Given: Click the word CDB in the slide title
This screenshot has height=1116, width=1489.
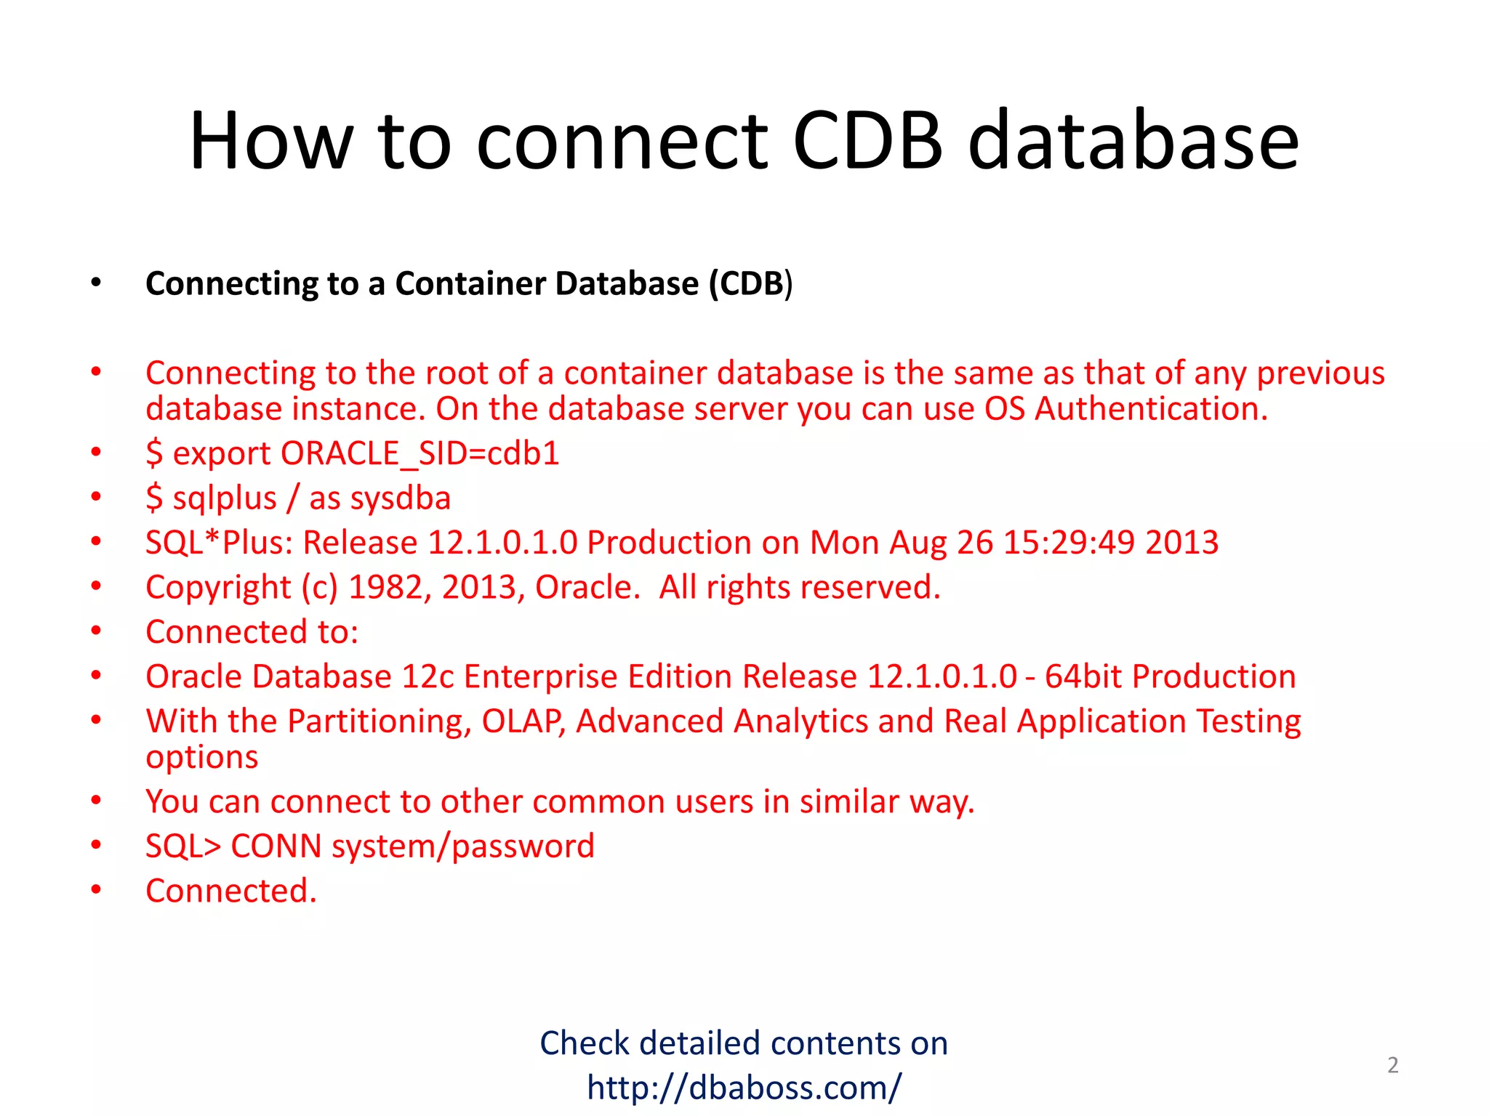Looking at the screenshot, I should coord(867,140).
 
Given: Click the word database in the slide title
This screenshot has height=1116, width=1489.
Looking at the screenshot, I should coord(1133,140).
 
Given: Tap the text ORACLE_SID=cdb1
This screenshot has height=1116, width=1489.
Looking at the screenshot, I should coord(420,453).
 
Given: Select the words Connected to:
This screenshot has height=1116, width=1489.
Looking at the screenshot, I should coord(252,632).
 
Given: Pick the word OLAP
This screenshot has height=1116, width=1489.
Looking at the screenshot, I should coord(523,721).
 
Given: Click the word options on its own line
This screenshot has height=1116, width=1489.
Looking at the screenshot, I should coord(202,758).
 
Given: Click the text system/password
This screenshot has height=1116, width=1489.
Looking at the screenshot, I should coord(462,846).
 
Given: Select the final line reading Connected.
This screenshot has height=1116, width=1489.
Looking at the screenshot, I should coord(231,891).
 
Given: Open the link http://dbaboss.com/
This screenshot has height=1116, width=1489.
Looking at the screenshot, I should coord(744,1088).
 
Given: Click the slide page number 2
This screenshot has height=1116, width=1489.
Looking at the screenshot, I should coord(1392,1065).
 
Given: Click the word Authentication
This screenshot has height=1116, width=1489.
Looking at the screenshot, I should coord(1151,409).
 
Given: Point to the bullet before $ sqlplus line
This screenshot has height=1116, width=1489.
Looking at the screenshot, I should coord(96,497).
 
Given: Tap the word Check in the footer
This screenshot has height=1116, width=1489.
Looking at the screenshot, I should coord(584,1043).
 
